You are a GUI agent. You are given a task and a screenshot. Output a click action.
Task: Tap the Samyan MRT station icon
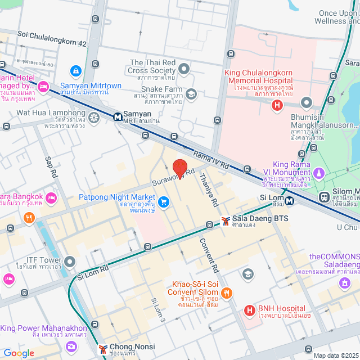pos(118,118)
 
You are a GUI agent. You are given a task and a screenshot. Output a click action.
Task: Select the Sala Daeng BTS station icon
pos(225,221)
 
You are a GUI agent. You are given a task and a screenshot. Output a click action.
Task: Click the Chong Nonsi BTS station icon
pos(103,349)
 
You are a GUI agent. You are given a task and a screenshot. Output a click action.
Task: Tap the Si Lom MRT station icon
pos(289,201)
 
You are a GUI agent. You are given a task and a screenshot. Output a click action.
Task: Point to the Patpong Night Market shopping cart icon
pos(164,201)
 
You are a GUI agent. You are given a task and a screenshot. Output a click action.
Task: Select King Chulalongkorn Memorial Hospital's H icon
pos(276,105)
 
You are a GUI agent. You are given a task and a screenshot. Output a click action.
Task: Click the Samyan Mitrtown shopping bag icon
pos(75,71)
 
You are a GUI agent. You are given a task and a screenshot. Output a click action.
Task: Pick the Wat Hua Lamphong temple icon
pos(93,117)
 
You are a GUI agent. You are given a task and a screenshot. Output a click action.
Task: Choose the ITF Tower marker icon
pos(70,262)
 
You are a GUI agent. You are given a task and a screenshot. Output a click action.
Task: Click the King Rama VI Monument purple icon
pos(319,172)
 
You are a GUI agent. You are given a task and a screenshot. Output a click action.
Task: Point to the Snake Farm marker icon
pos(191,93)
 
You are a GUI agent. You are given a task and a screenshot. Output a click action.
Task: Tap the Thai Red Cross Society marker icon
pos(184,69)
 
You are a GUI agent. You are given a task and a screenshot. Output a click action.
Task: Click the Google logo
pos(19,353)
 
